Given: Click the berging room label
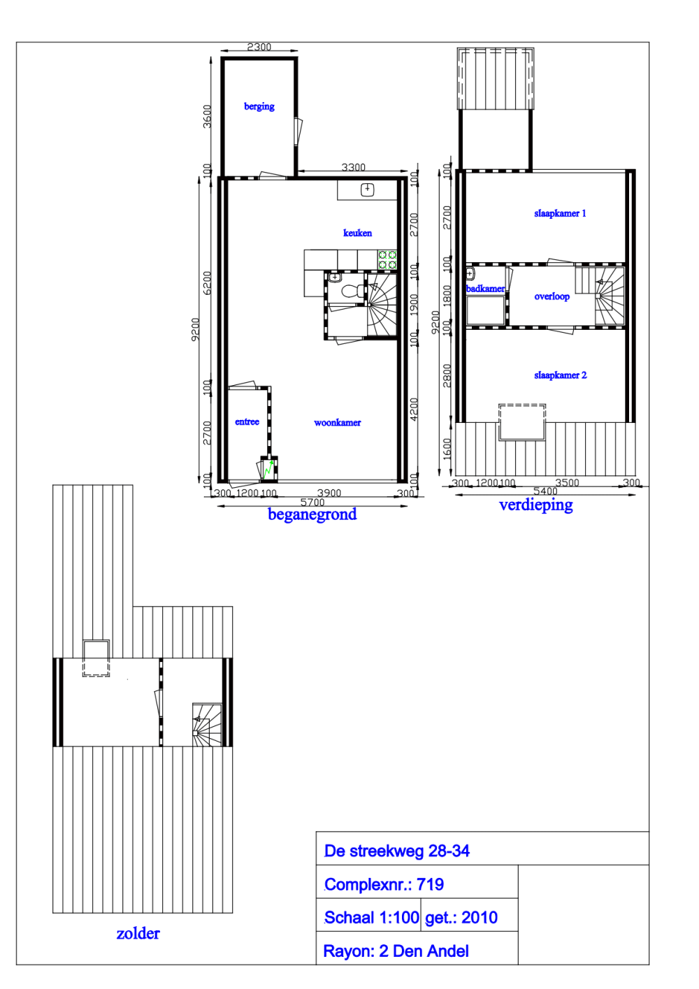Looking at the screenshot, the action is click(x=259, y=106).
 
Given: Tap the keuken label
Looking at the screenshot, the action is click(x=357, y=233).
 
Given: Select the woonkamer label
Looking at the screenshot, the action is click(x=338, y=423).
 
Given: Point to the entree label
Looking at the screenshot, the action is click(x=247, y=421).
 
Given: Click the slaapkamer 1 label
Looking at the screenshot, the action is click(x=560, y=213).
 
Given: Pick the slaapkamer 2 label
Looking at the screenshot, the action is click(x=561, y=375).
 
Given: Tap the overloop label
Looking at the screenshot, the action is click(x=552, y=296).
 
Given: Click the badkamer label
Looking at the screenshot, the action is click(x=485, y=288).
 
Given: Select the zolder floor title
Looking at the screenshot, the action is click(x=138, y=933).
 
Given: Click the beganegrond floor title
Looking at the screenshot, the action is click(x=312, y=514).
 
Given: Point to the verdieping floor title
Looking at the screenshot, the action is click(x=535, y=505).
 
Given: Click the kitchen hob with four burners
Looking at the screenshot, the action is click(x=387, y=259).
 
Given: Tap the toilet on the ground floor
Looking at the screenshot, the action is click(x=353, y=291).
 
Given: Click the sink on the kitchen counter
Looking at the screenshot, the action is click(x=368, y=189).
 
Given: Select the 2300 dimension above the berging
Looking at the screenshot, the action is click(x=259, y=47).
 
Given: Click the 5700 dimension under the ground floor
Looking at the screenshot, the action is click(x=312, y=502).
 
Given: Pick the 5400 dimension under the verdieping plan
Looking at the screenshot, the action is click(x=545, y=491).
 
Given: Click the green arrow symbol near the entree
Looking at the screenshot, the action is click(x=268, y=469).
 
